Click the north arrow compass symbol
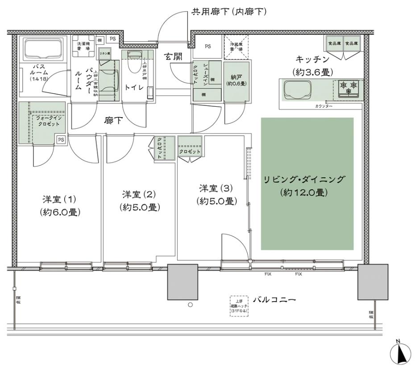click(400, 355)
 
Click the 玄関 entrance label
click(173, 57)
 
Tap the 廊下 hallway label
click(113, 121)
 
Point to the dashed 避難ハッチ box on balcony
click(239, 306)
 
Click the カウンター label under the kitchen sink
click(323, 106)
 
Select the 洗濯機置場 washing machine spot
click(84, 47)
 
